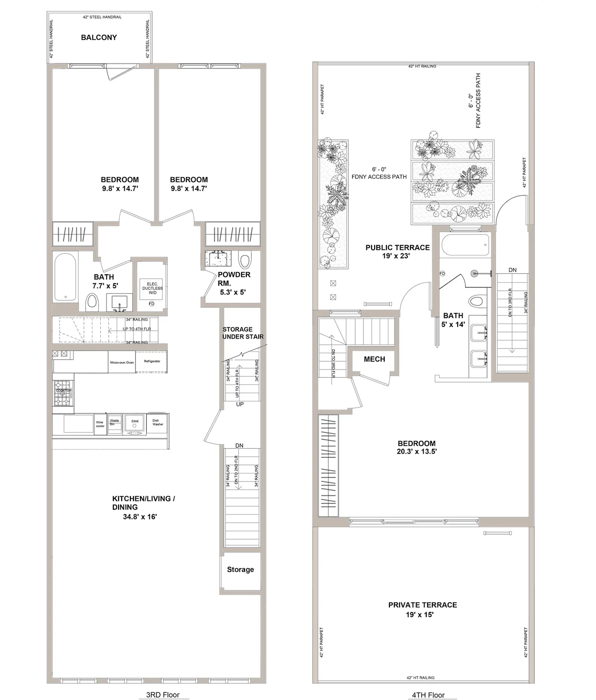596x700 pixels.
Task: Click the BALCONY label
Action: [x=99, y=38]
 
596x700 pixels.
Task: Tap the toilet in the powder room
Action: [x=245, y=261]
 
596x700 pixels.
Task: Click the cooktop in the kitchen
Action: [x=63, y=392]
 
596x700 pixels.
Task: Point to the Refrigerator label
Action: [x=152, y=361]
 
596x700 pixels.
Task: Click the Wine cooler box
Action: [x=100, y=424]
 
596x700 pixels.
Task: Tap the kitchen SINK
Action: [x=135, y=423]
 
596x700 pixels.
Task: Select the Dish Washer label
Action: [x=158, y=422]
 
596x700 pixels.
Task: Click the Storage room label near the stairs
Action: [x=240, y=570]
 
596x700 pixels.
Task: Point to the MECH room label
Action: [x=374, y=359]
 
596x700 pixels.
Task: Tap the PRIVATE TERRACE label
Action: [x=422, y=605]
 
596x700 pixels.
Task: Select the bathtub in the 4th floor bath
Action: [x=465, y=245]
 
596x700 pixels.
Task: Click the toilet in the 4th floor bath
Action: [x=475, y=301]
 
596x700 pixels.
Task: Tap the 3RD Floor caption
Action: [x=162, y=695]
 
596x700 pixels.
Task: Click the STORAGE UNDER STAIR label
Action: [x=243, y=333]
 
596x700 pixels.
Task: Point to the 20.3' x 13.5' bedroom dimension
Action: [x=416, y=452]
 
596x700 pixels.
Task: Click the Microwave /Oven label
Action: [x=122, y=363]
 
